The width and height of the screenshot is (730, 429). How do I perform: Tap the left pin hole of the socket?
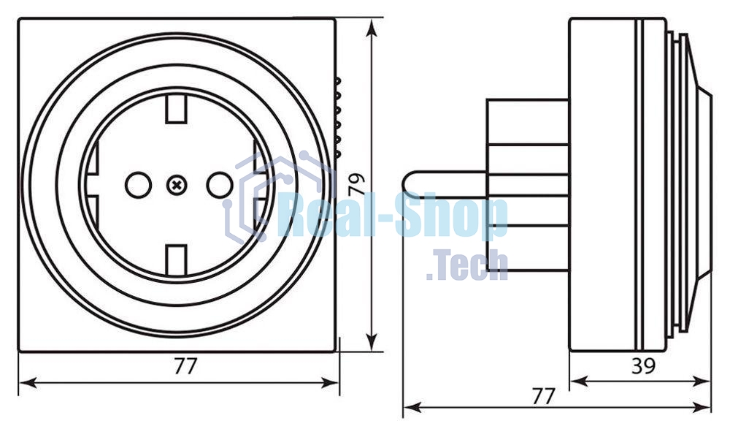click(x=137, y=186)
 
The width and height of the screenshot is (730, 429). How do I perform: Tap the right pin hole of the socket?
click(x=218, y=186)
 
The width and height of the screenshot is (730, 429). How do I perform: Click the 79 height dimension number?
click(x=357, y=183)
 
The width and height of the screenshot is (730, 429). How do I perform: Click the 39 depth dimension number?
click(x=642, y=366)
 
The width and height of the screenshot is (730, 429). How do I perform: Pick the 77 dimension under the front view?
click(x=185, y=366)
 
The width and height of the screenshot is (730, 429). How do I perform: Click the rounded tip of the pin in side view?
click(x=409, y=183)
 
